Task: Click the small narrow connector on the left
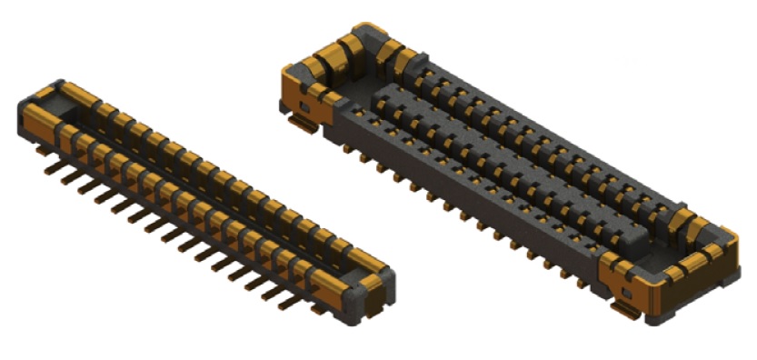200,195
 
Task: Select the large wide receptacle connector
509,173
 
